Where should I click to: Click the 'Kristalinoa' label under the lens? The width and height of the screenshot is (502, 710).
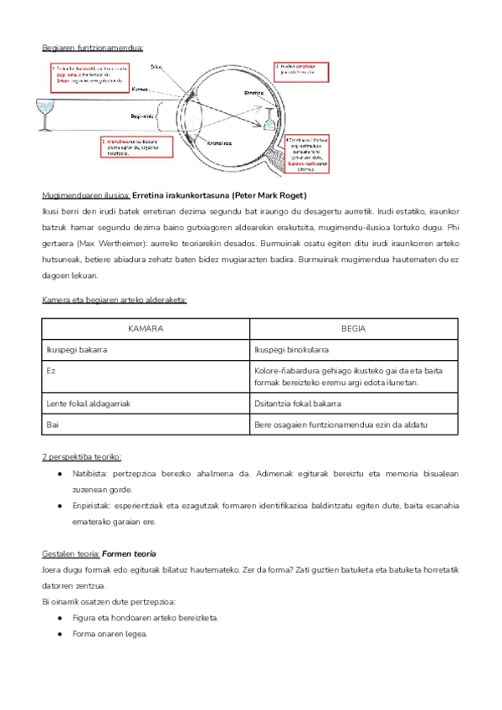[x=222, y=144]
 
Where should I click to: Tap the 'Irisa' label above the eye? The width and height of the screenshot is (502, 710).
[x=156, y=67]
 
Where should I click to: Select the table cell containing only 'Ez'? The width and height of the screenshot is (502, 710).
[x=51, y=369]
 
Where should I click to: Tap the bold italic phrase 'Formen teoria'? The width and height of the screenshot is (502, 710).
[x=130, y=554]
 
